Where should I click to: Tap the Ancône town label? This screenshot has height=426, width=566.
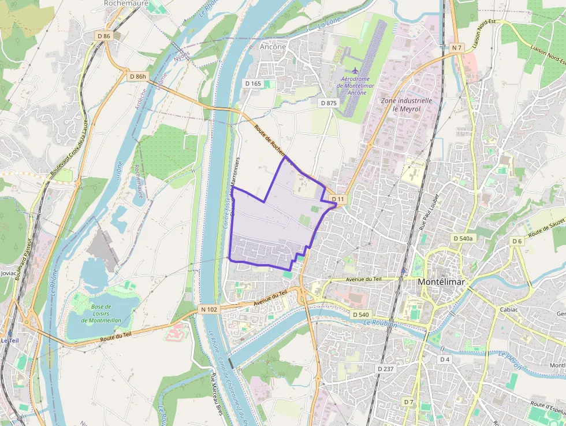click(273, 47)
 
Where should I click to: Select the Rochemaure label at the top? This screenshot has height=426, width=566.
click(126, 3)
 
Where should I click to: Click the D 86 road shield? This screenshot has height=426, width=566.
click(104, 36)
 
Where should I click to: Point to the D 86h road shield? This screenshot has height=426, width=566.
click(138, 76)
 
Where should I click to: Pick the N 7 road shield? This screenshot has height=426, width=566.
click(457, 47)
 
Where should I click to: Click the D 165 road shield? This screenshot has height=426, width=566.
click(253, 84)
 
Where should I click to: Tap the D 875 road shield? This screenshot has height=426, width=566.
click(328, 103)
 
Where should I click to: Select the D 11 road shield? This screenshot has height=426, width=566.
click(338, 199)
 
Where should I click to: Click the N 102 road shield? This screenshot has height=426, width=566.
click(209, 310)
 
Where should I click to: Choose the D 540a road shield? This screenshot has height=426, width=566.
click(463, 238)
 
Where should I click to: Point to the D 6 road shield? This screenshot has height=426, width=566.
click(516, 241)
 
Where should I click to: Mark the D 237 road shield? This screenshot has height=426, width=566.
click(385, 369)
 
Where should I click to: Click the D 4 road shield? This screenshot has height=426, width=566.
click(444, 360)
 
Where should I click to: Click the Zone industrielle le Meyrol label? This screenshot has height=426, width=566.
click(407, 104)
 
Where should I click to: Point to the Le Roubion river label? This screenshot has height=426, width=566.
click(381, 324)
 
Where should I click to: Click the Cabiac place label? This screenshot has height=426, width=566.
click(509, 310)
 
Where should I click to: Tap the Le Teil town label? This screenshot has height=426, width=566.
click(9, 340)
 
